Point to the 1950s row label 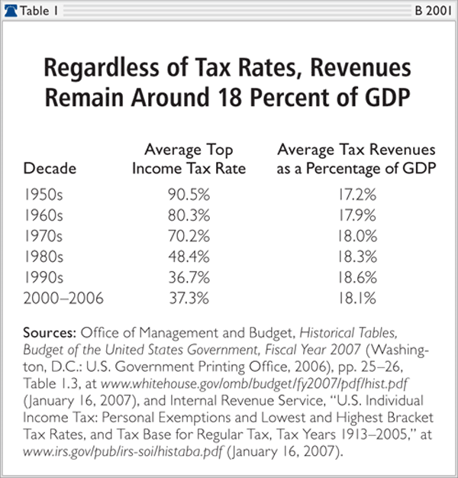pyautogui.click(x=44, y=195)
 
